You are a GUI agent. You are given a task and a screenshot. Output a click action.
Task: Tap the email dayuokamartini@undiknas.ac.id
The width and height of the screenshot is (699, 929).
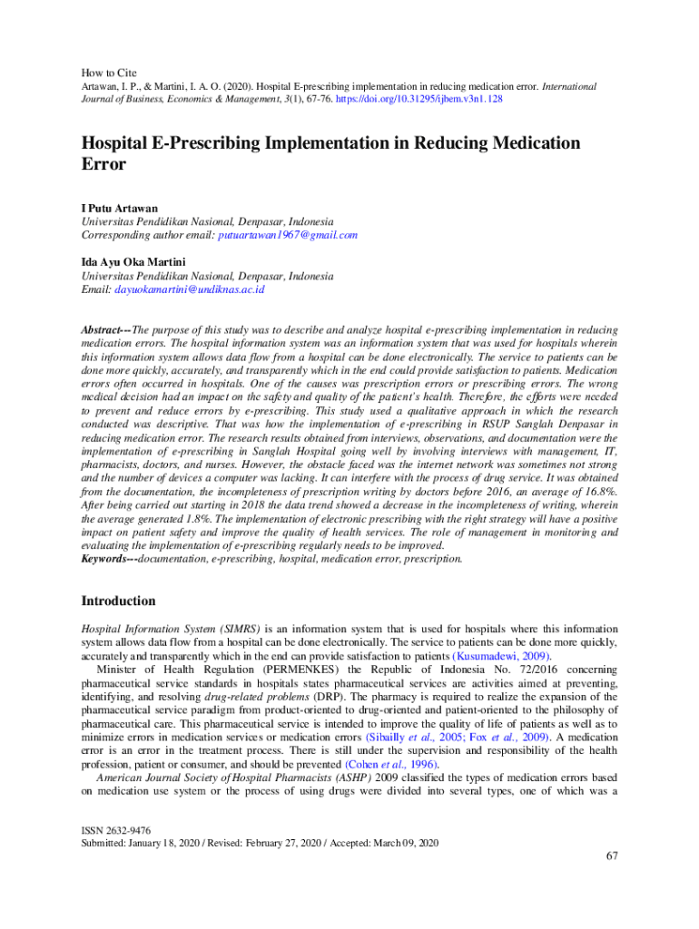(x=189, y=289)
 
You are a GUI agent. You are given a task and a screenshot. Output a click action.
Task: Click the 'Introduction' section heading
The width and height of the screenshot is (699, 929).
(x=118, y=601)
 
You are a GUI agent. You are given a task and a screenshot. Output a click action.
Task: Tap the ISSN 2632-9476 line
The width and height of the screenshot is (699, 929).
(x=116, y=830)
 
